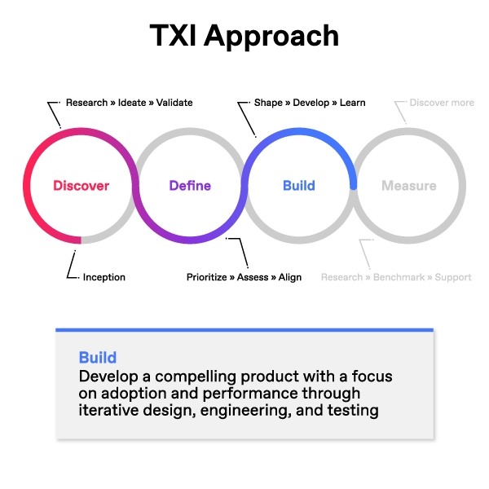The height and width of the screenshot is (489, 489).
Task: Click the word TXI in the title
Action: tap(174, 36)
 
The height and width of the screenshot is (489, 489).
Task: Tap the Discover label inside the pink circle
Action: tap(81, 186)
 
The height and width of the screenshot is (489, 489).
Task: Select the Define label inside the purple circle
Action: tap(189, 186)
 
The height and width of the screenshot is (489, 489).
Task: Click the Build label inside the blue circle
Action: tap(298, 186)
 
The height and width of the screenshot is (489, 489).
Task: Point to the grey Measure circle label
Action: tap(408, 186)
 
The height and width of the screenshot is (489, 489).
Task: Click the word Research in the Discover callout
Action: tap(87, 103)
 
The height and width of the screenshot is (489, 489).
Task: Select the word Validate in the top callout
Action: tap(175, 103)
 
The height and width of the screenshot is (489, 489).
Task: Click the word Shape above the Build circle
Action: tap(268, 103)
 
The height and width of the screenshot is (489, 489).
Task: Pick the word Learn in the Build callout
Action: tap(352, 103)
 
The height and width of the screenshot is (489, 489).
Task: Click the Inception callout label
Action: tap(104, 277)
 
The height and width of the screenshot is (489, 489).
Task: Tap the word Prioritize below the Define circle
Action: tap(207, 277)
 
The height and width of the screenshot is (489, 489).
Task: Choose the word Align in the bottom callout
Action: tap(289, 277)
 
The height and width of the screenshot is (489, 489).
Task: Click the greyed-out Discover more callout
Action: tap(442, 103)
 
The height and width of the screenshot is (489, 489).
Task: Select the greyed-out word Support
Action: tap(453, 277)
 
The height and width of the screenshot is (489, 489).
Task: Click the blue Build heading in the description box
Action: tap(98, 358)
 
